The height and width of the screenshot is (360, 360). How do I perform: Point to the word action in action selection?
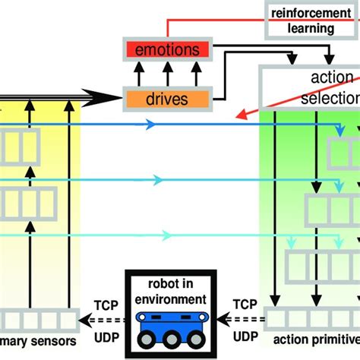click(333, 78)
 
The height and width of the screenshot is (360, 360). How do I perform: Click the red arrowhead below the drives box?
click(242, 115)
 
